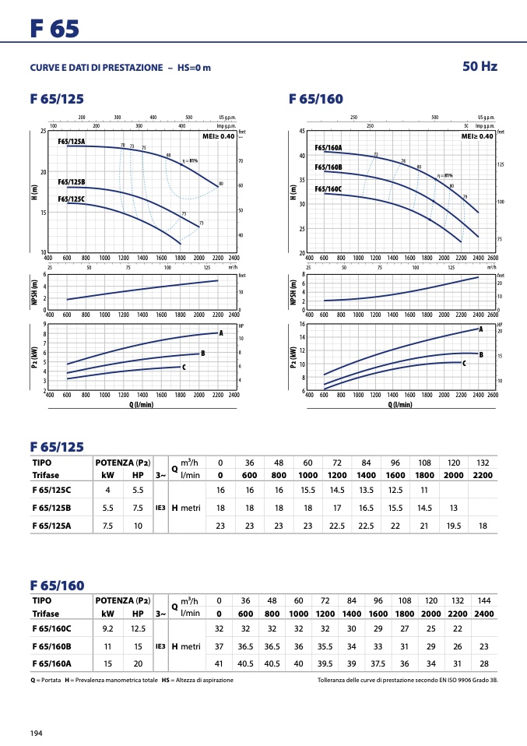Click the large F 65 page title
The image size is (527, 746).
click(54, 30)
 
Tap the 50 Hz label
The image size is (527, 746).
click(480, 67)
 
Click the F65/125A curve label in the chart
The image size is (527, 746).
click(72, 142)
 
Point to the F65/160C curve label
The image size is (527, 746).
click(328, 189)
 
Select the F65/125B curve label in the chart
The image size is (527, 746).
click(72, 181)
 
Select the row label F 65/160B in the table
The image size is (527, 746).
click(51, 646)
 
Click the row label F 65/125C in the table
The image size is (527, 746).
click(52, 490)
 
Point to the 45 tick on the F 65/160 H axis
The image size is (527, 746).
click(301, 131)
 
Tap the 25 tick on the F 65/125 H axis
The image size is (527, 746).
click(43, 131)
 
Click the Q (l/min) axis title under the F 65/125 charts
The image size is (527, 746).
click(141, 404)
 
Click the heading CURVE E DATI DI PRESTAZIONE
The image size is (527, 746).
click(97, 68)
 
